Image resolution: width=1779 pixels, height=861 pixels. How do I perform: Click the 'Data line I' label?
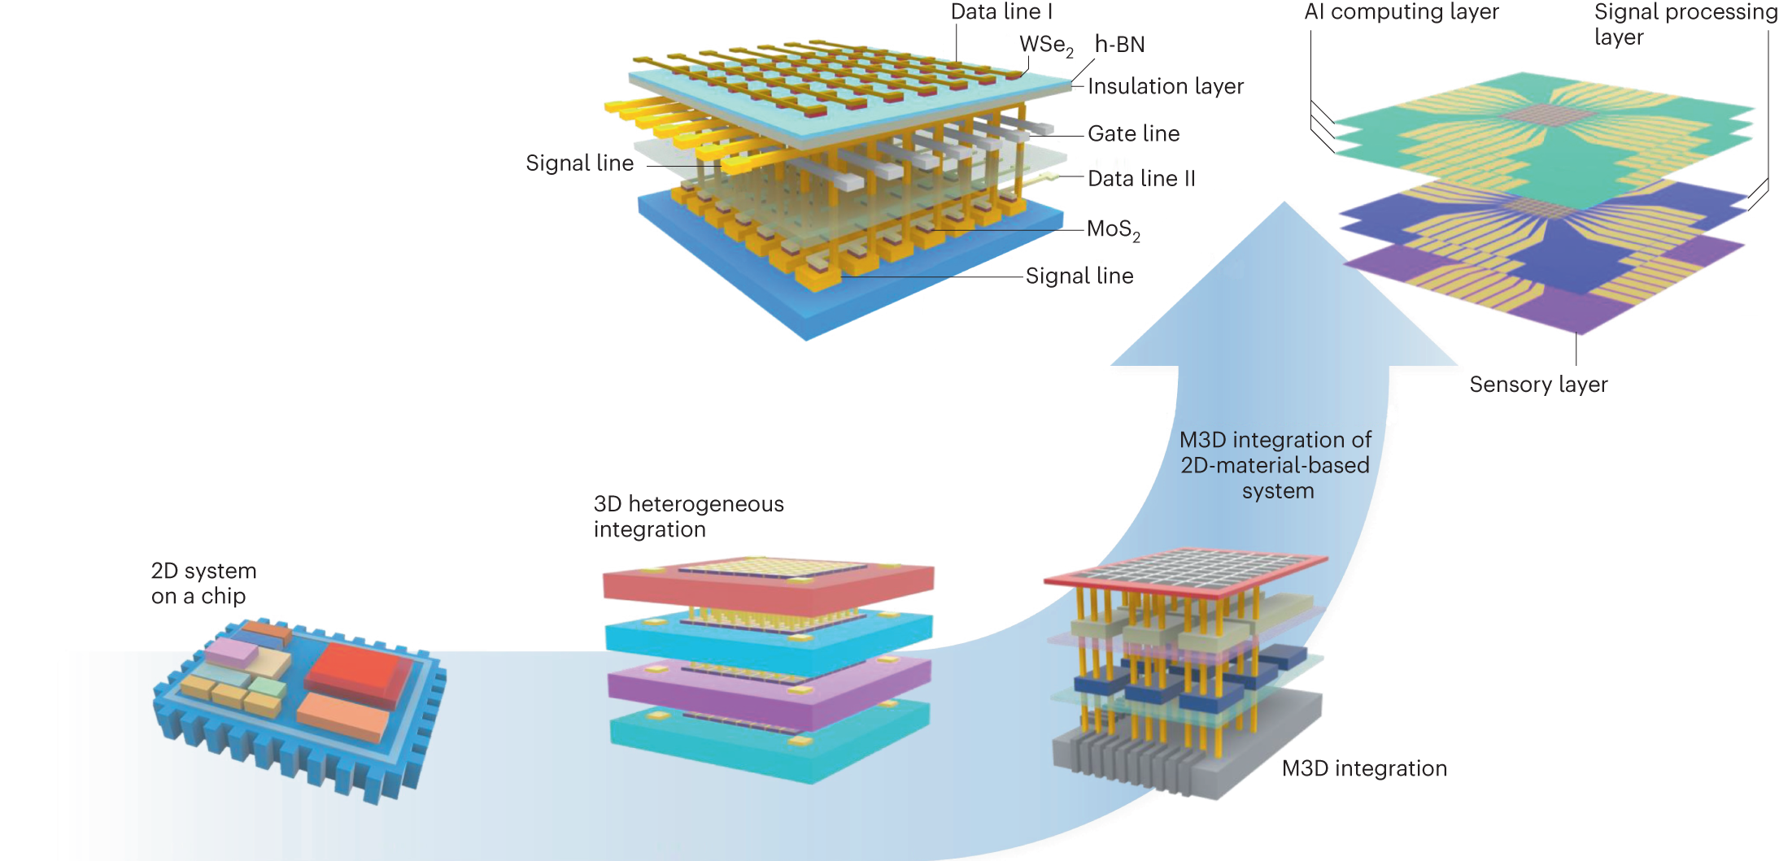(1001, 11)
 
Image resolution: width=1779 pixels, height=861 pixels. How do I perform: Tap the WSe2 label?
(1045, 46)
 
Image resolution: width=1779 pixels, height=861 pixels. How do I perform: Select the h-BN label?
(1119, 44)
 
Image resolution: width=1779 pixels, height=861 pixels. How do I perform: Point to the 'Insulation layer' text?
(1165, 86)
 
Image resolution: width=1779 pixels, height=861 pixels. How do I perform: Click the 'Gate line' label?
(1133, 133)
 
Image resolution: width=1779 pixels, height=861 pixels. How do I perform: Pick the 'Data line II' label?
(1141, 179)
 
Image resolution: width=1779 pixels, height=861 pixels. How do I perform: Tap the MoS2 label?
(1113, 230)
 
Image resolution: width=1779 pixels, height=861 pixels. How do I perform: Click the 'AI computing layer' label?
(1401, 11)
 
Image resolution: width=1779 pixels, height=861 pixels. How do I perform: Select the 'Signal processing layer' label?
(1684, 24)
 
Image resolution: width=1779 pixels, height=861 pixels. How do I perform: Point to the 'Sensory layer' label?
(1538, 385)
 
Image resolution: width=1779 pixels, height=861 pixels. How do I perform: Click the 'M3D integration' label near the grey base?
(1364, 768)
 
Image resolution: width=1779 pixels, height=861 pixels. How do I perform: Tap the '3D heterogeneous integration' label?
(688, 516)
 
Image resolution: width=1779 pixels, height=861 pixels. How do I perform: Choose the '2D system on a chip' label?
(203, 583)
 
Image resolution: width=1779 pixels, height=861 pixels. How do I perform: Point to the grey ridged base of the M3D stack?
(1179, 756)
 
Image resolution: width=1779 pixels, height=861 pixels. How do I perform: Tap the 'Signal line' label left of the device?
(579, 163)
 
